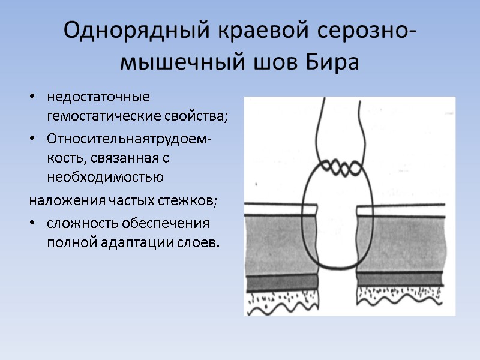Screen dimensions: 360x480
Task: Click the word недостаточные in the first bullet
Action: click(x=98, y=97)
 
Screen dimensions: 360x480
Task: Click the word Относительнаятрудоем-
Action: click(x=128, y=139)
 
